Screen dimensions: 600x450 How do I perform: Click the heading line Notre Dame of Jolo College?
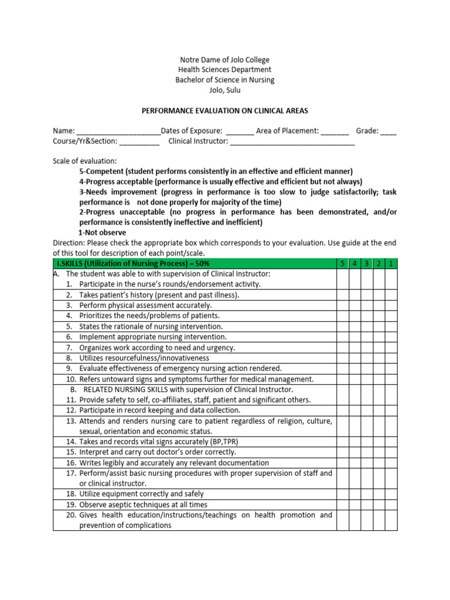(x=225, y=60)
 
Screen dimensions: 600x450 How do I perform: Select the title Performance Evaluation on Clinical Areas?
(x=225, y=110)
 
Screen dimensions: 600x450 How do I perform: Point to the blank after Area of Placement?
(x=335, y=131)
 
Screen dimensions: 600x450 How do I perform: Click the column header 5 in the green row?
(x=342, y=264)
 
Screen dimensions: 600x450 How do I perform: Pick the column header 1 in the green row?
(x=391, y=264)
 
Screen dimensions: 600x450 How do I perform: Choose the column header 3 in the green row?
(x=366, y=264)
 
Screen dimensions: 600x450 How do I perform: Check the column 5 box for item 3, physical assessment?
(x=342, y=305)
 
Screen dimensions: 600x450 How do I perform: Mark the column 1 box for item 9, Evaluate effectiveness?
(x=391, y=369)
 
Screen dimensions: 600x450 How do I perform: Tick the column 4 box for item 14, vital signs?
(x=354, y=442)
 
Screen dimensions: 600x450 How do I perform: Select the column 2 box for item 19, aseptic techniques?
(x=379, y=504)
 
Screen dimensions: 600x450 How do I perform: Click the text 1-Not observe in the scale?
(x=103, y=233)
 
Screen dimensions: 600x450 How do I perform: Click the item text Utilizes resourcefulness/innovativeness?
(x=144, y=358)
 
